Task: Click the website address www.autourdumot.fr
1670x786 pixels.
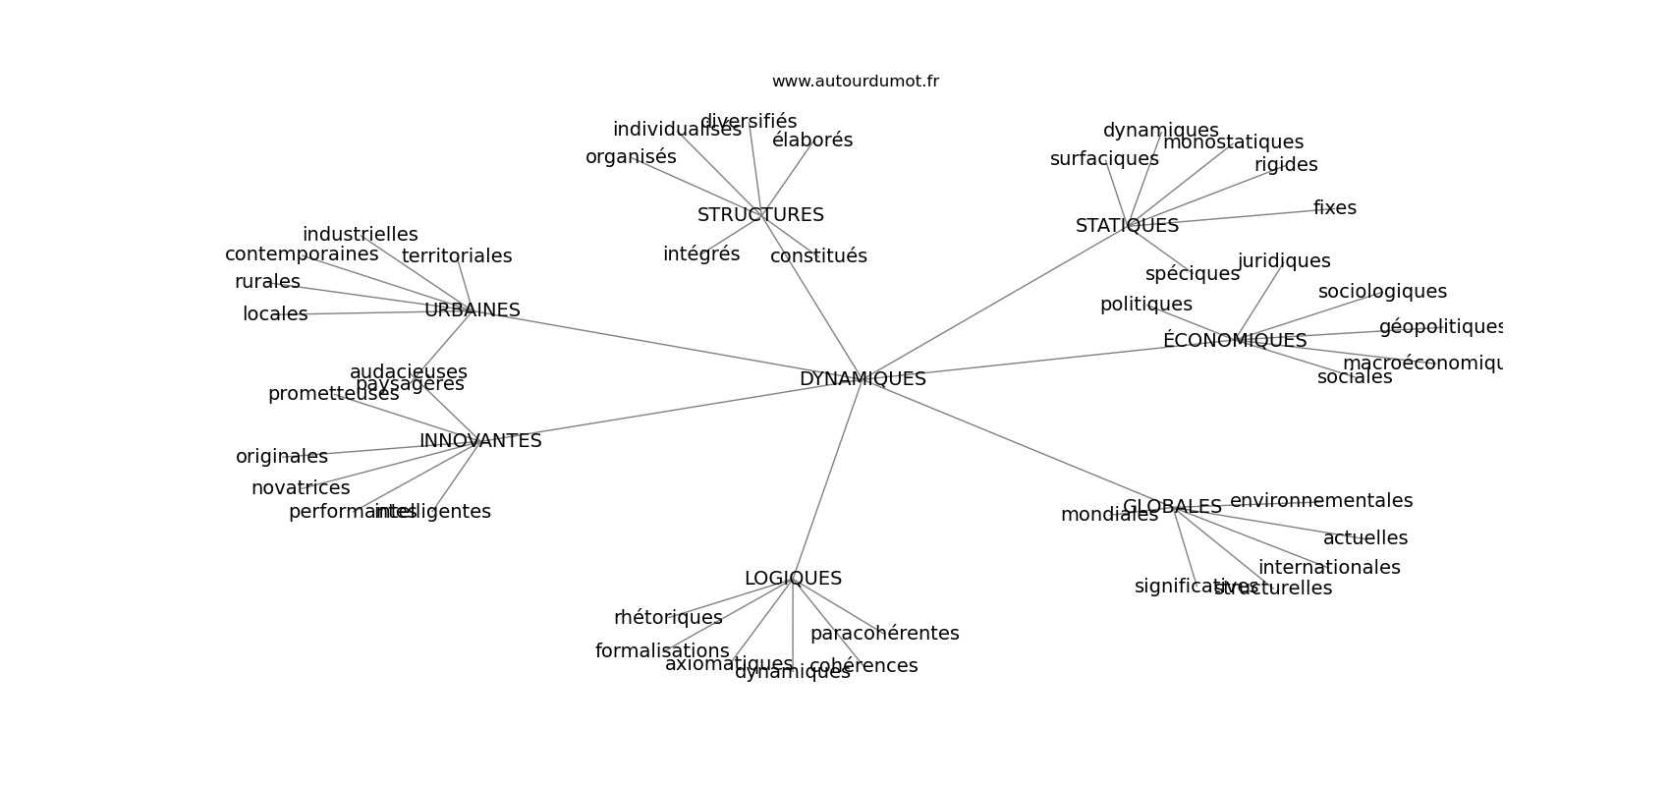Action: [x=855, y=82]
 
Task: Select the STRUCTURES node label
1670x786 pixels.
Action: [x=760, y=214]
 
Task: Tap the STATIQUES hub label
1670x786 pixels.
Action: [x=1127, y=225]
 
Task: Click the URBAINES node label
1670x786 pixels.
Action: [x=472, y=309]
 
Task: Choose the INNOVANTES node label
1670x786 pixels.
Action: [x=480, y=440]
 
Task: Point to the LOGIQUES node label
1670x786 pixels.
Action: [x=793, y=578]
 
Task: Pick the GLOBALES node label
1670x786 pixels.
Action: [x=1172, y=506]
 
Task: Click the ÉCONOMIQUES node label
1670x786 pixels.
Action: [x=1235, y=340]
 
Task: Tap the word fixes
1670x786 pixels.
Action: [x=1334, y=207]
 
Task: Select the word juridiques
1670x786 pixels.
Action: [x=1284, y=260]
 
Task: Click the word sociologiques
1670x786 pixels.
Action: [x=1382, y=291]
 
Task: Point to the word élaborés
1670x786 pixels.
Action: [x=812, y=140]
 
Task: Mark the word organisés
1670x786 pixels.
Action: [x=631, y=156]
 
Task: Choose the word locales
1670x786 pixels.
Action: [x=275, y=313]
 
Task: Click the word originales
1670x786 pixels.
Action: [x=282, y=456]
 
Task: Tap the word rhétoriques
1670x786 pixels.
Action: [x=668, y=617]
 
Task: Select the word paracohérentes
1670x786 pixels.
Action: [x=884, y=633]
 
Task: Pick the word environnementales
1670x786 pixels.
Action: [x=1320, y=500]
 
